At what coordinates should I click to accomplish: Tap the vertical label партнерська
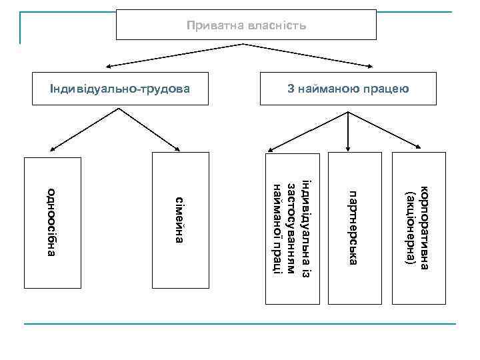tap(355, 227)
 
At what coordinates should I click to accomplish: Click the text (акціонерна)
tap(411, 227)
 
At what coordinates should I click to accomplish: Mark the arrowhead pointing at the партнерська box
tap(348, 148)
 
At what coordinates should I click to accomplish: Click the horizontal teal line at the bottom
tap(240, 324)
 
